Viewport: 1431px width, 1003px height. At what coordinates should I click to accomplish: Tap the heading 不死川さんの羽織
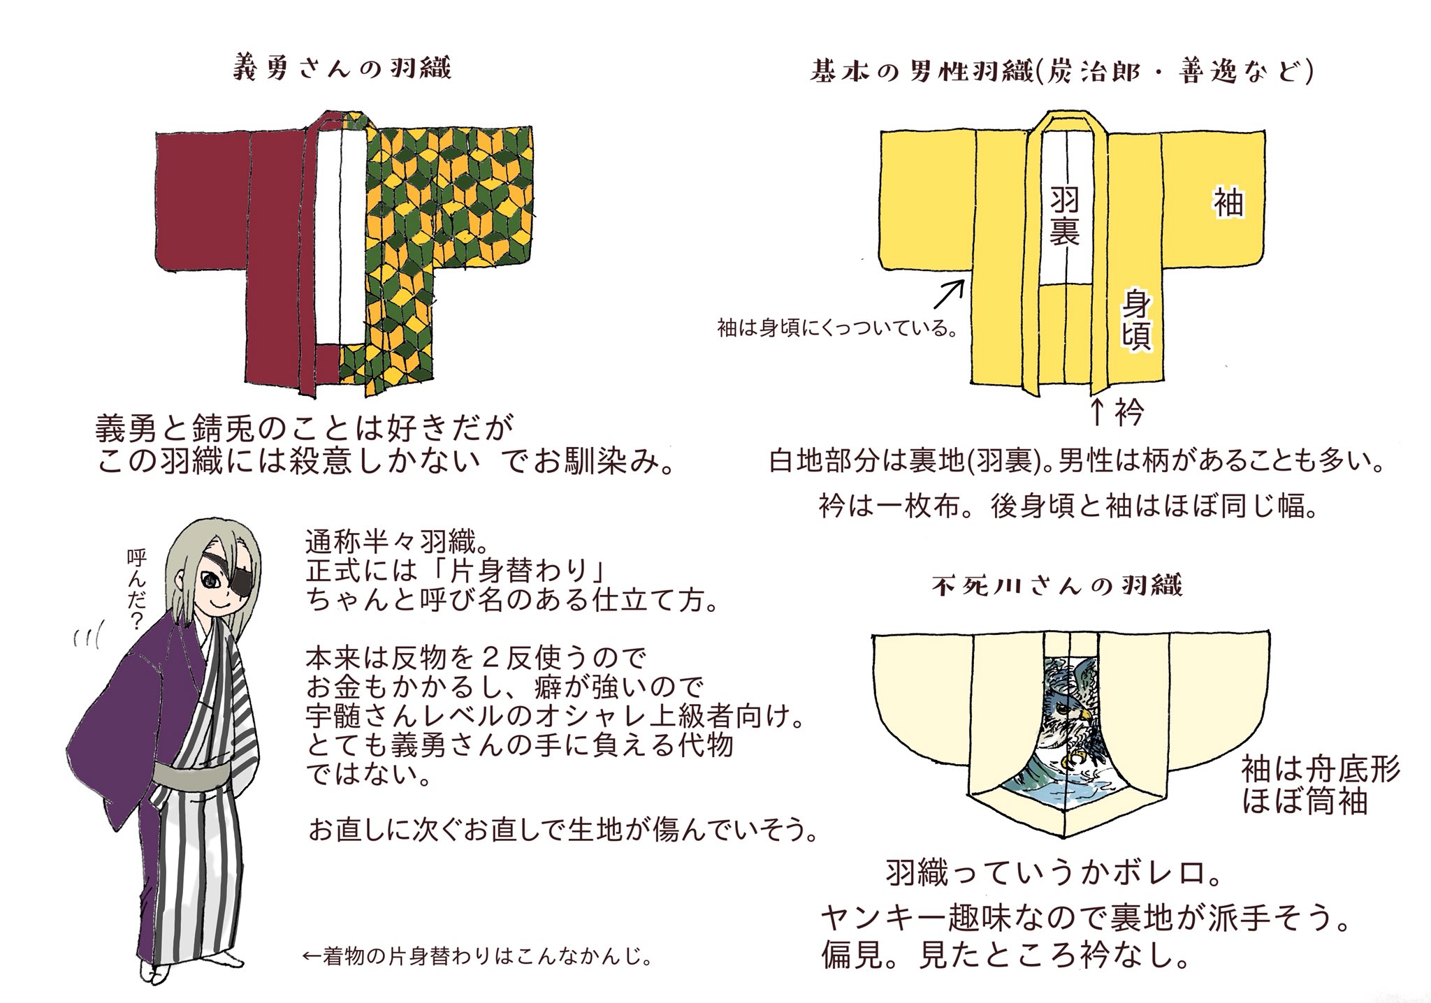pos(1056,586)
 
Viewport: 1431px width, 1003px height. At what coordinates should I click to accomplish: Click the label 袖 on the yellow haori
pos(1228,203)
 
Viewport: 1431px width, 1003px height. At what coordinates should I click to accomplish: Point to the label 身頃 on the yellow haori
pos(1137,321)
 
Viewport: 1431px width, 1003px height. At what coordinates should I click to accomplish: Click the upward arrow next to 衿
pos(1097,412)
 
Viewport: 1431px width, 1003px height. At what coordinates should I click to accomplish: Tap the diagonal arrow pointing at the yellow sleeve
pos(949,294)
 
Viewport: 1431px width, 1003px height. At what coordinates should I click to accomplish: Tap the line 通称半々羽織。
pos(400,541)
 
